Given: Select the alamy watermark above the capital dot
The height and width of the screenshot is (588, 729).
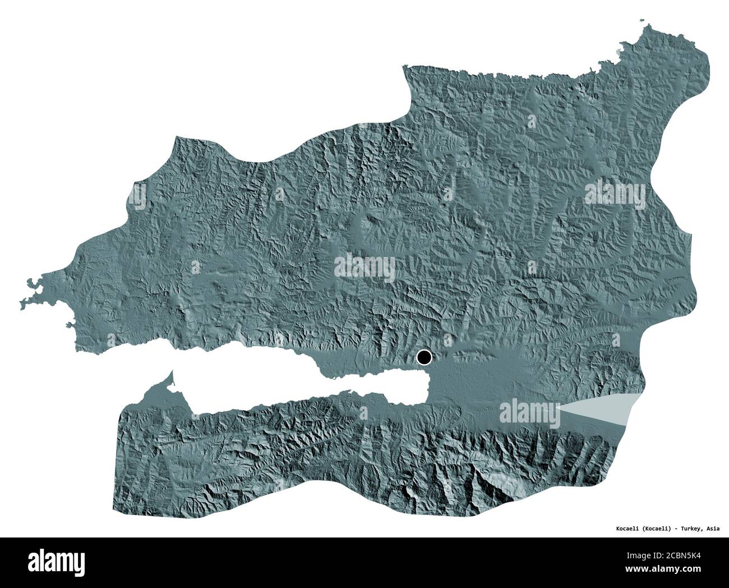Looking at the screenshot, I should (364, 267).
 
